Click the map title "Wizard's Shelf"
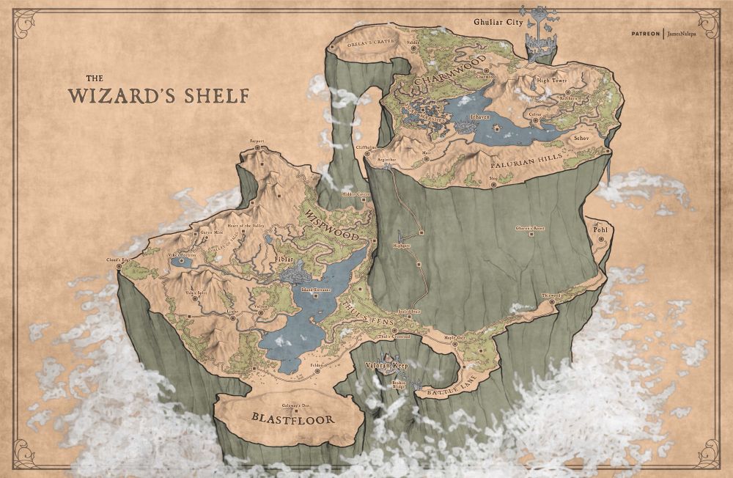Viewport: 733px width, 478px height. coord(158,95)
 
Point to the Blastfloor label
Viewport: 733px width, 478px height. coord(292,419)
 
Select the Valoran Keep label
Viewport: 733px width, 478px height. coord(386,364)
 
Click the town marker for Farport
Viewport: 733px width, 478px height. coord(257,147)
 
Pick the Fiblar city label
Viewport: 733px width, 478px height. coord(284,259)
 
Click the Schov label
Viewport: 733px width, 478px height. coord(582,137)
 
